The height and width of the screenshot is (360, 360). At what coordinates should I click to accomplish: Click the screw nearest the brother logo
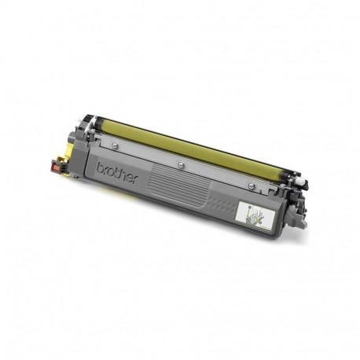coord(115,145)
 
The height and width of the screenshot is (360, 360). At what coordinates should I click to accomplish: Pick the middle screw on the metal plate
coord(182,164)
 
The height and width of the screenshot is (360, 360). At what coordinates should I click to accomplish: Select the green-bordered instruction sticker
coord(254,213)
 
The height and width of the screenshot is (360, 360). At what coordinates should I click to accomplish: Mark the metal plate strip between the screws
coord(149,156)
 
